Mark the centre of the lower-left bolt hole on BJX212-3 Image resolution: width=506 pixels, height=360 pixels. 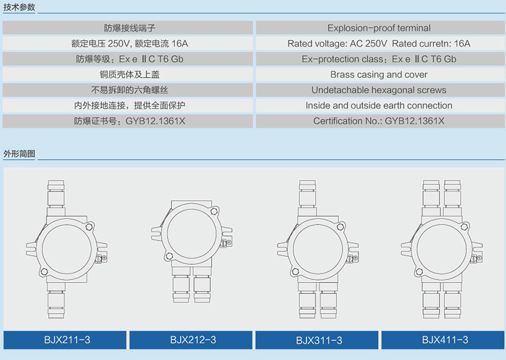pyautogui.click(x=169, y=256)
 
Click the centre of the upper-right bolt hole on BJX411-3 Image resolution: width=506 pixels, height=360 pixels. pyautogui.click(x=464, y=226)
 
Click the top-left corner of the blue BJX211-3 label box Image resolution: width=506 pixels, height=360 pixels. pyautogui.click(x=4, y=331)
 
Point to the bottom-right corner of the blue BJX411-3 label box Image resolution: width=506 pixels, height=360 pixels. pyautogui.click(x=504, y=349)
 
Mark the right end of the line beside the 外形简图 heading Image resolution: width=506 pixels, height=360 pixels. pyautogui.click(x=505, y=159)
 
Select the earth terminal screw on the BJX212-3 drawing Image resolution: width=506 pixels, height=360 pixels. pyautogui.click(x=229, y=242)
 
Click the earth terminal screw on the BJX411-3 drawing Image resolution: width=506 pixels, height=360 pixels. pyautogui.click(x=479, y=258)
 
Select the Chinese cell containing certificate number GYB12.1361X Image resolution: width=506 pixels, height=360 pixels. pyautogui.click(x=128, y=121)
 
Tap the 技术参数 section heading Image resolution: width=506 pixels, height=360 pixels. pyautogui.click(x=19, y=7)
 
